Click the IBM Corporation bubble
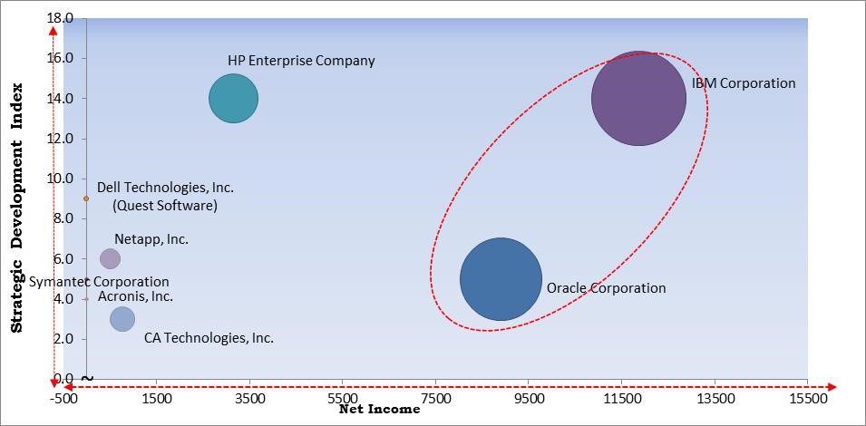(x=638, y=98)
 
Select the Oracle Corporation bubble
(x=501, y=278)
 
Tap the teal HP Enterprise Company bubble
(x=234, y=98)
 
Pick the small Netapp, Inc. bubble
(x=110, y=258)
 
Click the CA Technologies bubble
(x=122, y=318)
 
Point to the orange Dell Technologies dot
(x=86, y=198)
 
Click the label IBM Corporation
(x=744, y=83)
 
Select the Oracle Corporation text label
(x=606, y=288)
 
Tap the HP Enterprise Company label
(x=301, y=61)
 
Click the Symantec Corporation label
(x=99, y=282)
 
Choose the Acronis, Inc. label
(x=135, y=296)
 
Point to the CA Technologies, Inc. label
(x=209, y=338)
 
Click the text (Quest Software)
(x=164, y=206)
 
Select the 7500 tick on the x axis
(x=435, y=397)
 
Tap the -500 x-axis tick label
(x=64, y=397)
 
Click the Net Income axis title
(x=379, y=410)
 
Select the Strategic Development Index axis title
(x=17, y=208)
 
